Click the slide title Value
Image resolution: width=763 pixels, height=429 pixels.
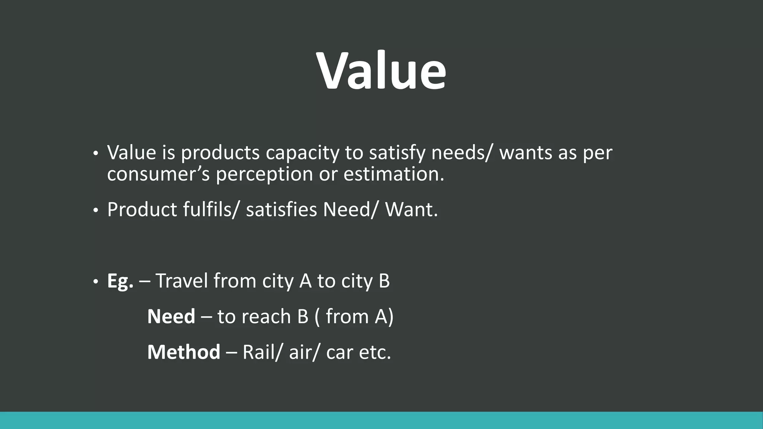[x=381, y=70]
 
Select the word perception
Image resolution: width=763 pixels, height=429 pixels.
[x=264, y=174]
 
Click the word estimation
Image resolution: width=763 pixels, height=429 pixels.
[x=394, y=174]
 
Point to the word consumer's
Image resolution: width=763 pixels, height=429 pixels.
[x=158, y=174]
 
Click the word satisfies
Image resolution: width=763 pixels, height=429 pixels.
[x=281, y=209]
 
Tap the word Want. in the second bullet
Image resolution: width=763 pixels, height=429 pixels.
[x=411, y=209]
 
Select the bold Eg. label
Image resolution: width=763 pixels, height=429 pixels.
[x=120, y=281]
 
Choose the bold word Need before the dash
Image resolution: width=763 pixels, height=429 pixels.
[x=171, y=317]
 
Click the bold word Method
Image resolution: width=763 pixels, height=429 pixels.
[x=184, y=352]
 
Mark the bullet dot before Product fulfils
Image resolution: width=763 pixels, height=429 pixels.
[x=95, y=211]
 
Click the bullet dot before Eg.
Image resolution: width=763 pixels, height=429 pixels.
[x=95, y=282]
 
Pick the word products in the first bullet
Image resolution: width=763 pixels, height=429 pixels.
[x=220, y=153]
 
